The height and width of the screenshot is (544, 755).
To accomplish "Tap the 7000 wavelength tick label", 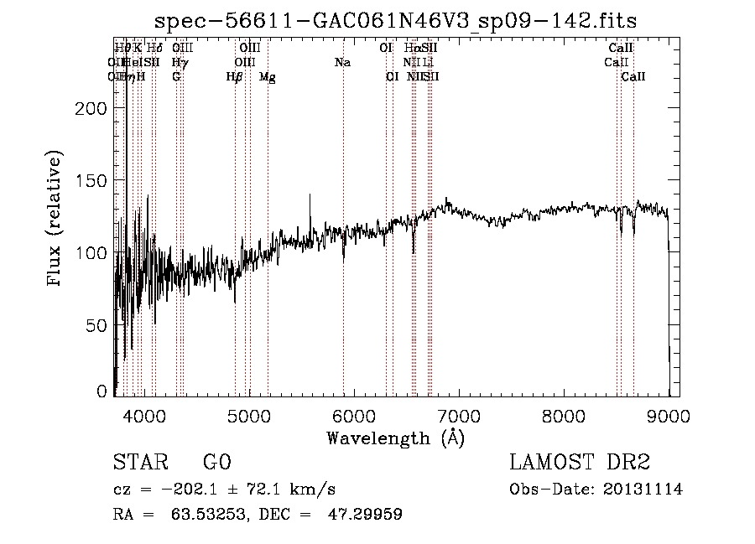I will [x=459, y=414].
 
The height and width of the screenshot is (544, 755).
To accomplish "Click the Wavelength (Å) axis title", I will [x=395, y=438].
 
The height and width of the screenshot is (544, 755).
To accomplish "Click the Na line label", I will [x=342, y=62].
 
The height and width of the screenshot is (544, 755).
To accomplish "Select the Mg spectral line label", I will [x=267, y=77].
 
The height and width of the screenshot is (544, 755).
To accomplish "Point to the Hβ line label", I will [x=235, y=77].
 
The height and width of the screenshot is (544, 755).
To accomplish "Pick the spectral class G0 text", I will [x=216, y=463].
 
